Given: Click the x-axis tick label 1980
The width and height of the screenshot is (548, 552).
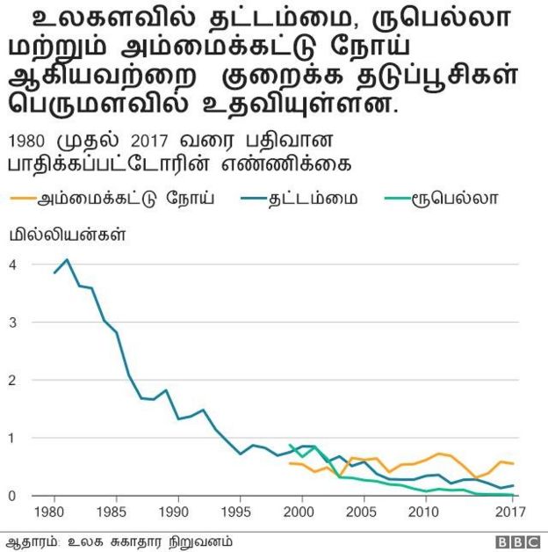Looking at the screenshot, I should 53,512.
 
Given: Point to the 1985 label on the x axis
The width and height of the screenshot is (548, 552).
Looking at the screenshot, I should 115,512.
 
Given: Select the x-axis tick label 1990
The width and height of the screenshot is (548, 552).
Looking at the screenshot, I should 177,512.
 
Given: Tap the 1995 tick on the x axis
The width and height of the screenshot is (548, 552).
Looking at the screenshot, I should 239,512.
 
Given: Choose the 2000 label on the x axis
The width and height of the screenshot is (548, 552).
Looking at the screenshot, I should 301,512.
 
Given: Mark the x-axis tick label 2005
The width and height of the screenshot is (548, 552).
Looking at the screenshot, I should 364,512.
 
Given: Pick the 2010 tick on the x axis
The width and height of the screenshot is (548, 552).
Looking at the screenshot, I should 426,512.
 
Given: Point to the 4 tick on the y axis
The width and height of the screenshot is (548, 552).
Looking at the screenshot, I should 13,265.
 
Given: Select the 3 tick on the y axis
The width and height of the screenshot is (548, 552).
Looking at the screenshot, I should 13,323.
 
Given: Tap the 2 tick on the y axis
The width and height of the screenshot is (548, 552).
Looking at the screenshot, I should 13,380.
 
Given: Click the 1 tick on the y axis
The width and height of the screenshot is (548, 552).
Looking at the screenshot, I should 13,438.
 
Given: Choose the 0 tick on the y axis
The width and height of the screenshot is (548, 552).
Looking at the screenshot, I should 13,496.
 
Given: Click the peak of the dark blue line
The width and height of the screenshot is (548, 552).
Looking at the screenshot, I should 67,259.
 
